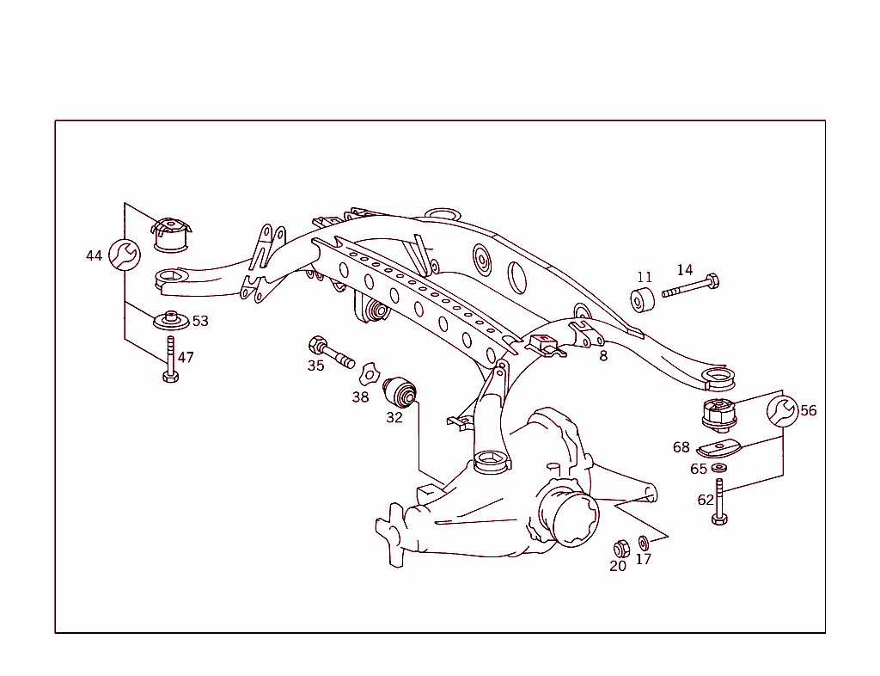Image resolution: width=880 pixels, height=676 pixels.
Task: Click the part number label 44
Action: [94, 255]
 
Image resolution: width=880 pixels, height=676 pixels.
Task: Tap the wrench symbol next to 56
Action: [782, 411]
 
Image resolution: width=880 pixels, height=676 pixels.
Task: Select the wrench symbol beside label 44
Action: [123, 254]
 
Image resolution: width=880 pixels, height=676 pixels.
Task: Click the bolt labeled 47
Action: [170, 360]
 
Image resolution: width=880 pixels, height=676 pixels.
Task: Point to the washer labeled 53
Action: [172, 320]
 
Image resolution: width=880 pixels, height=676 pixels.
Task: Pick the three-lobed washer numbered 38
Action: [369, 372]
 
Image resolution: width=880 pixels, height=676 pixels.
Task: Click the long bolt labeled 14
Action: [691, 286]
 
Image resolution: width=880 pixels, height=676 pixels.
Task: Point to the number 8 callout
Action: [603, 356]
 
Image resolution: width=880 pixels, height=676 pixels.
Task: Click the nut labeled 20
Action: [620, 548]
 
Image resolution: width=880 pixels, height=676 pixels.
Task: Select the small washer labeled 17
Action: [644, 544]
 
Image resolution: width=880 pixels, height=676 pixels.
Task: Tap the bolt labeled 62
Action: [719, 503]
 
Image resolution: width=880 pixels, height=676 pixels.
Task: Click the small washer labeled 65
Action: [719, 468]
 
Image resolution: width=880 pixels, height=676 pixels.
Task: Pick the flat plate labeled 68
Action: [718, 448]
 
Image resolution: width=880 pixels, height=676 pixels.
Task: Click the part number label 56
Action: [809, 411]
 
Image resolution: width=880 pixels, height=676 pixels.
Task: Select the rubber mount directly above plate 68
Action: [718, 415]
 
